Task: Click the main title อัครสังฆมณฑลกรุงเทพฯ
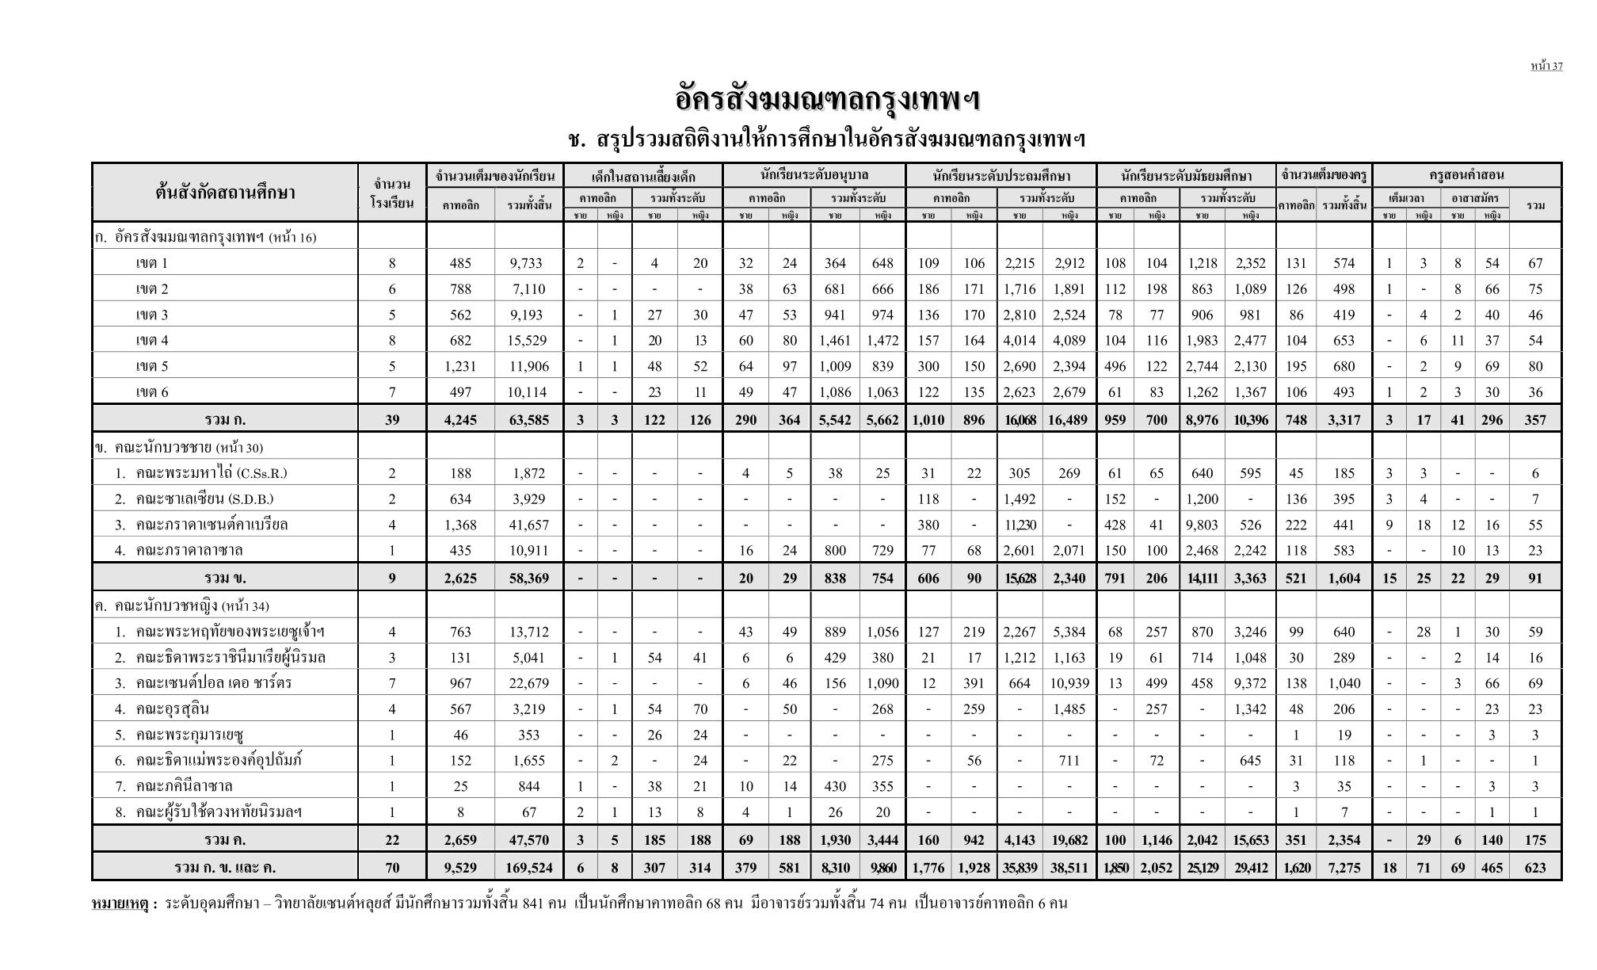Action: [827, 101]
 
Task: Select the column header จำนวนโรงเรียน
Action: [392, 193]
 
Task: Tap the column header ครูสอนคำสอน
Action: [1466, 175]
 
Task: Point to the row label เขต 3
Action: [152, 315]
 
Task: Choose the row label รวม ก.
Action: [225, 419]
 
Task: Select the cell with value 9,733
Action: [528, 263]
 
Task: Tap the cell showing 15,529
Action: [528, 340]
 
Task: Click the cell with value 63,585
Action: [528, 419]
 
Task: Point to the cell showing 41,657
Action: [528, 524]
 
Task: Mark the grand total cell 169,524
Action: [528, 867]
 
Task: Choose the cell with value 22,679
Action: [528, 682]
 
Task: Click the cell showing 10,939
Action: [1069, 682]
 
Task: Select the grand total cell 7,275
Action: [1344, 867]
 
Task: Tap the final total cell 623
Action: [1534, 867]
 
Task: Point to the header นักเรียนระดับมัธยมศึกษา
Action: [1186, 175]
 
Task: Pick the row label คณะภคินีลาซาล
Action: [184, 786]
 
